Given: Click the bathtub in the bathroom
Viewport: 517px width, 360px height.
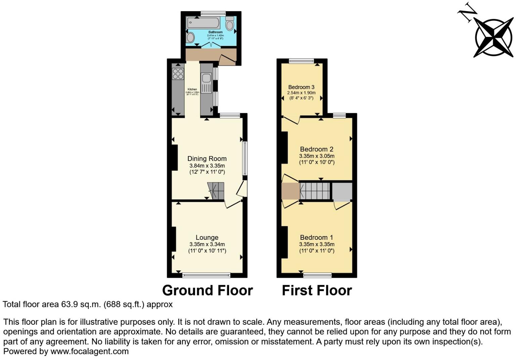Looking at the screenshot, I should pyautogui.click(x=203, y=23).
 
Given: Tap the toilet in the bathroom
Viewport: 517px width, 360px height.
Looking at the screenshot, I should pyautogui.click(x=230, y=24).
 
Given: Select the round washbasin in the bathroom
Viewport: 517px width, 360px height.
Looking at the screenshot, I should pyautogui.click(x=190, y=37).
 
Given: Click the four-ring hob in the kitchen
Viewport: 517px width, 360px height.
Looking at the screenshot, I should pyautogui.click(x=178, y=74).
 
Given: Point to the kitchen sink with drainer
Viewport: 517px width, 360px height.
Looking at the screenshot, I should pyautogui.click(x=206, y=83).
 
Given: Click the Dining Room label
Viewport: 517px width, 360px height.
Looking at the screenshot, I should pyautogui.click(x=207, y=159).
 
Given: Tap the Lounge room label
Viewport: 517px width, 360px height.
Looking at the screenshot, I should pyautogui.click(x=207, y=237).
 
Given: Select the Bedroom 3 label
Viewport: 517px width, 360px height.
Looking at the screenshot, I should pyautogui.click(x=301, y=87).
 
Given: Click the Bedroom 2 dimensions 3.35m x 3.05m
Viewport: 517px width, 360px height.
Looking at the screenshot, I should pyautogui.click(x=317, y=156).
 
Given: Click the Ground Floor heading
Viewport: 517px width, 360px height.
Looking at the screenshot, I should pyautogui.click(x=207, y=290).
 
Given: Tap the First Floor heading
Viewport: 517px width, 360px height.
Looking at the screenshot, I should pyautogui.click(x=317, y=290).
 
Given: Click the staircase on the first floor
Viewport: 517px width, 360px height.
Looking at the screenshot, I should pyautogui.click(x=315, y=191).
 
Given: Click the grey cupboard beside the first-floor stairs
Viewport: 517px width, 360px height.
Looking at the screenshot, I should pyautogui.click(x=342, y=191).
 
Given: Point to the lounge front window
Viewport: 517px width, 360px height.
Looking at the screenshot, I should pyautogui.click(x=206, y=275).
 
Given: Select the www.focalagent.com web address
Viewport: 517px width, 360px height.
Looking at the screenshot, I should pyautogui.click(x=90, y=352).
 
